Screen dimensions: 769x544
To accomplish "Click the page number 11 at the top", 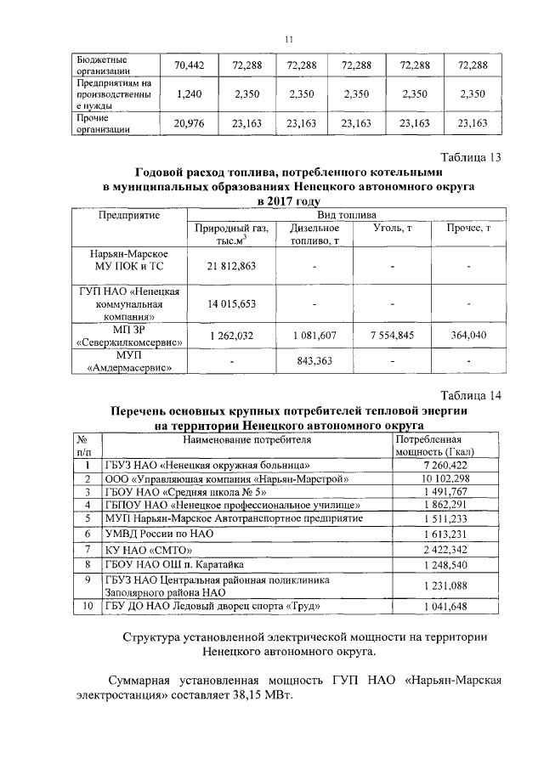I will (x=288, y=39).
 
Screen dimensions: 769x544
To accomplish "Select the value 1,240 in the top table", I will (x=190, y=94).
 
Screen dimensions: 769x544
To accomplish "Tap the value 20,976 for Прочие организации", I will (x=190, y=124).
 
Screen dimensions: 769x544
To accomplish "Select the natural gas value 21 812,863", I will (x=231, y=266).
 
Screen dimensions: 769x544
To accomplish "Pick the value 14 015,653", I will (x=231, y=303).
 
